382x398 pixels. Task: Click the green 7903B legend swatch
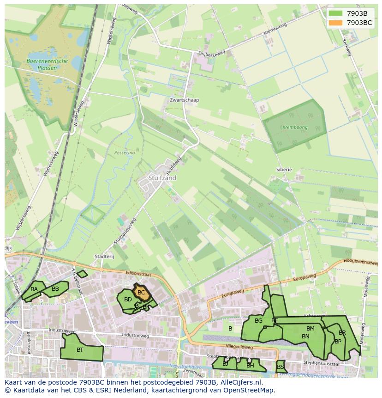coord(336,13)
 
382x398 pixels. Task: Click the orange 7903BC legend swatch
coord(336,23)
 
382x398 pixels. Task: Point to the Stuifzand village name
coord(162,178)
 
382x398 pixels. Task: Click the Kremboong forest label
coord(295,127)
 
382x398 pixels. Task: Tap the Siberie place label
coord(284,170)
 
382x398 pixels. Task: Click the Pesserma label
coord(125,152)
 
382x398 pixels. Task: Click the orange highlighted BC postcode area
coord(141,293)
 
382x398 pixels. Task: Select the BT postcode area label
coord(80,350)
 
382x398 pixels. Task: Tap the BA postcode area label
coord(34,289)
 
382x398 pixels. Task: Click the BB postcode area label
coord(55,289)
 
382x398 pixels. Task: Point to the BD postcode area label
coord(128,300)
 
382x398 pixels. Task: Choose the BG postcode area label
coord(258,321)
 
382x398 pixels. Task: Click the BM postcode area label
coord(310,329)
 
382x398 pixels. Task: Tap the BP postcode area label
coord(338,342)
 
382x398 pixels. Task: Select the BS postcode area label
coord(281,367)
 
